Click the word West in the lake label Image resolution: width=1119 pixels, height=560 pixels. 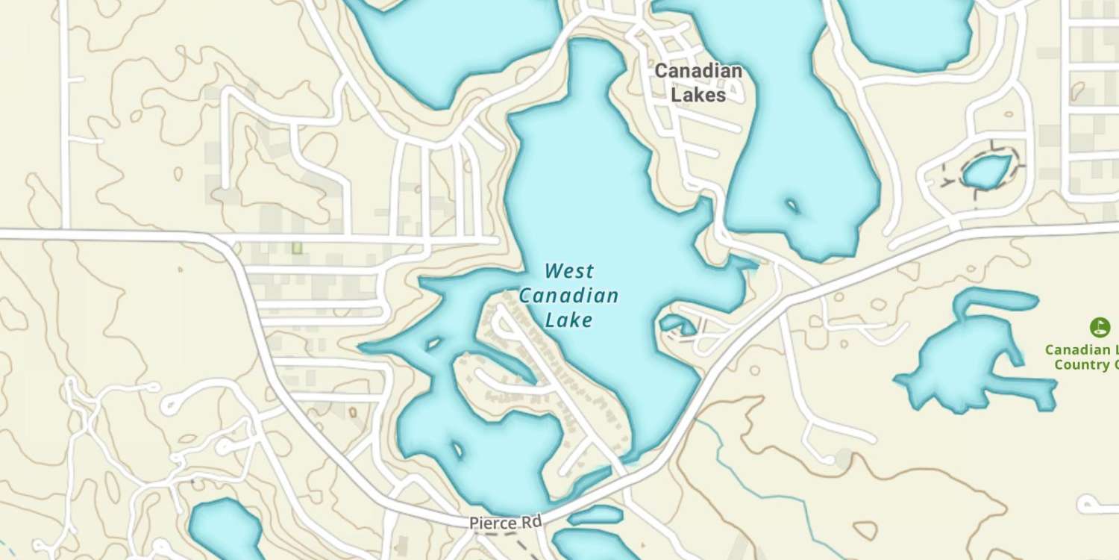[569, 270]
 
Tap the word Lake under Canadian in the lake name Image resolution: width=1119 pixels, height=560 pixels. [568, 320]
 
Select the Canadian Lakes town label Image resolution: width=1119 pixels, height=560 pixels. [698, 83]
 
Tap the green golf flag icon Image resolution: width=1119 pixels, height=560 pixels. [1099, 327]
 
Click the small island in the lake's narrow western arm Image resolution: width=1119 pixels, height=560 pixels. [432, 344]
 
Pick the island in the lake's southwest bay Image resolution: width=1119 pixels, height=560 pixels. [456, 450]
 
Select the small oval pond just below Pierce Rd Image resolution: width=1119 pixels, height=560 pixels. [595, 514]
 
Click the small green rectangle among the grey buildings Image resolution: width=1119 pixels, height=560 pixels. [297, 246]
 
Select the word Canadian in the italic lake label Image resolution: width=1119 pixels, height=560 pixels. [568, 296]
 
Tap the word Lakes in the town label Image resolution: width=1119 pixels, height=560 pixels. [698, 96]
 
